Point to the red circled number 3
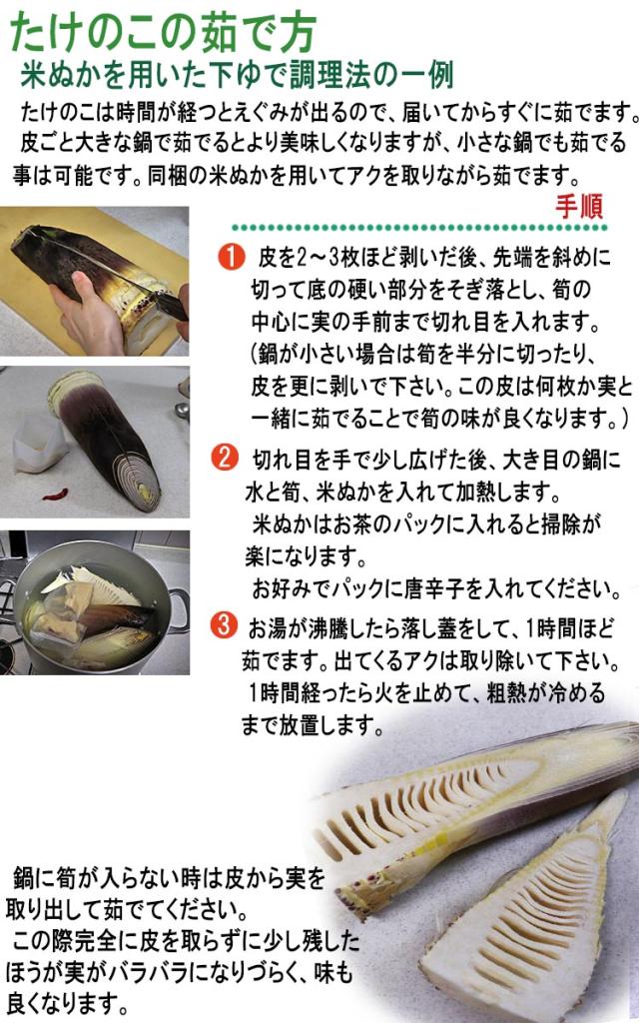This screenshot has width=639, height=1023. coord(225,626)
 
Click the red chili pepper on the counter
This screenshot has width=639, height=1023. coord(55,495)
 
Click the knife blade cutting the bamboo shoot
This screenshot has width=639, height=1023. coord(170,303)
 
